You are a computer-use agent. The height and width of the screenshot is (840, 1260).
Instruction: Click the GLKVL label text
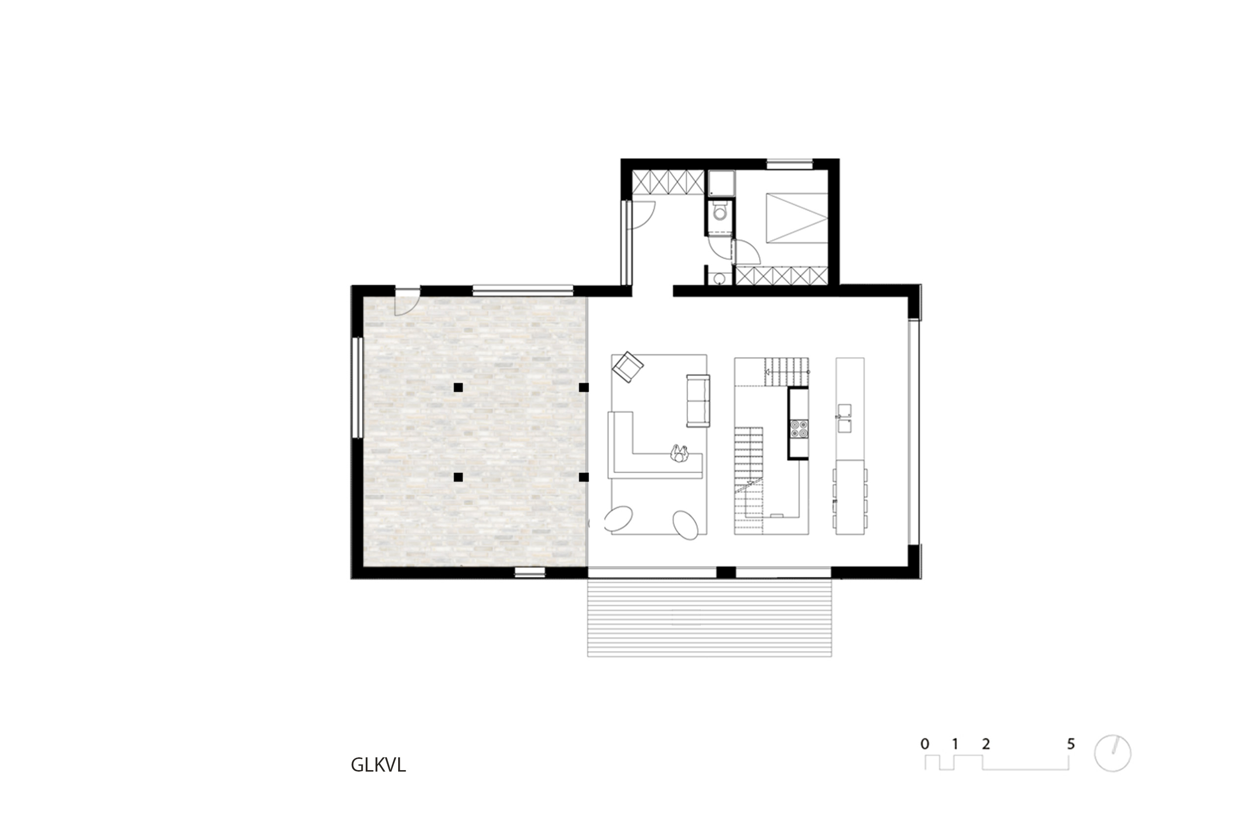click(x=378, y=765)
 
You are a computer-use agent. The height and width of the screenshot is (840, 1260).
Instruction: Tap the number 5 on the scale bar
click(x=1071, y=744)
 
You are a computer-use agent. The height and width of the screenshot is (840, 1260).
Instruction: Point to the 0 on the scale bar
click(x=925, y=744)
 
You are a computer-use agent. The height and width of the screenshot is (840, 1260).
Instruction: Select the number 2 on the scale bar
click(x=986, y=744)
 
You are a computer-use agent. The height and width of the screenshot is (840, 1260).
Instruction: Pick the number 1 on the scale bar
click(x=955, y=744)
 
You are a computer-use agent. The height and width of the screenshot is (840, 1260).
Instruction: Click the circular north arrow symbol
click(x=1113, y=753)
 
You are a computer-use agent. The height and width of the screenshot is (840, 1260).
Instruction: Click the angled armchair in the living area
click(x=628, y=367)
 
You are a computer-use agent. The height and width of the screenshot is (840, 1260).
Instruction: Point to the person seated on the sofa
click(x=680, y=453)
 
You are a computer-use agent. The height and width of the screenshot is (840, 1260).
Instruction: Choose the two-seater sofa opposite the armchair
click(x=698, y=401)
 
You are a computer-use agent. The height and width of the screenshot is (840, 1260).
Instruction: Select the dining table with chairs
click(x=850, y=497)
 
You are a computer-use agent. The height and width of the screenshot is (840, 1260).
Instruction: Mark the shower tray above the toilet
click(x=721, y=183)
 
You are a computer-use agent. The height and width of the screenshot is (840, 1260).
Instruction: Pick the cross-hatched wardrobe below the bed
click(x=782, y=276)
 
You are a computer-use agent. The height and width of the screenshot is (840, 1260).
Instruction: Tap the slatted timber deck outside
click(x=709, y=617)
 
